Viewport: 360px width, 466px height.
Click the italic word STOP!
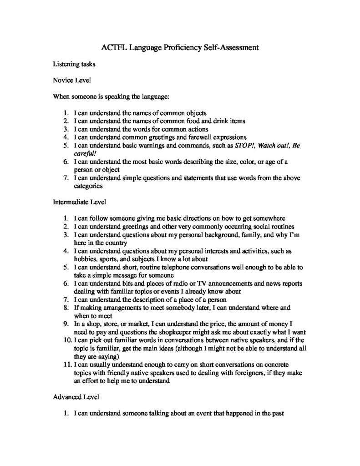point(245,145)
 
